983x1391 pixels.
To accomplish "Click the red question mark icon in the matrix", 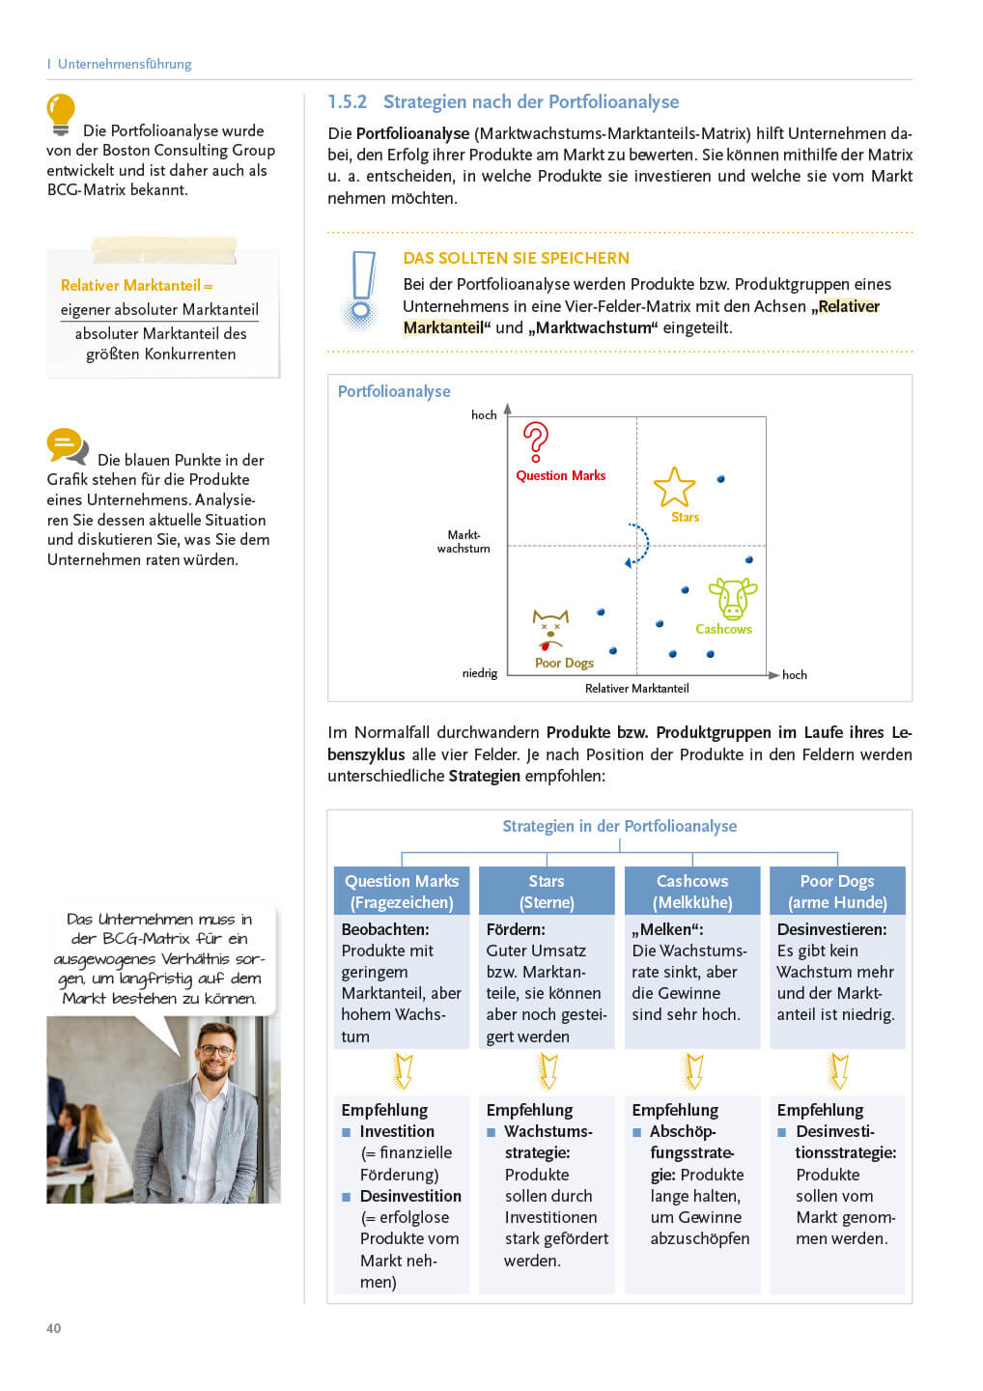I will coord(536,441).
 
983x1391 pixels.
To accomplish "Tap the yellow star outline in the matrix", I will coord(674,487).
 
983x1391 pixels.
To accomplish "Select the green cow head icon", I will coord(733,599).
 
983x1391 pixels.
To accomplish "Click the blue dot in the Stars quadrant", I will coord(721,479).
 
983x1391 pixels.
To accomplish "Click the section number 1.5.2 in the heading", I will coord(347,102).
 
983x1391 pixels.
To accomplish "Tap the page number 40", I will coord(54,1328).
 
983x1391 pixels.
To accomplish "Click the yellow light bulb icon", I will coord(61,114).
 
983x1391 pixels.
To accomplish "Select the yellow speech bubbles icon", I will coord(67,446).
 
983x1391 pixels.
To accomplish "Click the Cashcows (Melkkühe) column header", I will coord(692,892).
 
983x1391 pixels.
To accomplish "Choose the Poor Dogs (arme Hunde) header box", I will coord(837,892).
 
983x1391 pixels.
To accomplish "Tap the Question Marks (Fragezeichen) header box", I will coord(402,892).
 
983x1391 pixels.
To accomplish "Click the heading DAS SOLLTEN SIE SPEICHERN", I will coord(516,258).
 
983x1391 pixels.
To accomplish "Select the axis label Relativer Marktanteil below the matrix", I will coord(636,689).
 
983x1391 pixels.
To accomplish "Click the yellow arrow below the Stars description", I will coord(548,1071).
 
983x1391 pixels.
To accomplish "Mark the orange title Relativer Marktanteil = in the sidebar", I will coord(136,286).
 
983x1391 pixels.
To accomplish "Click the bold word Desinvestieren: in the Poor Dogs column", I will coord(831,929).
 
